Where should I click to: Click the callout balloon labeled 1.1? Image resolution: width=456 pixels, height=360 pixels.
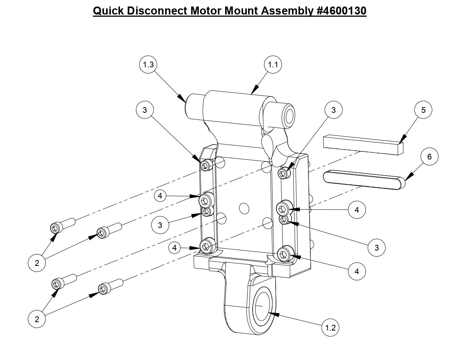tap(273, 65)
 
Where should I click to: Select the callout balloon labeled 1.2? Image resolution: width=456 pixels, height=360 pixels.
tap(330, 327)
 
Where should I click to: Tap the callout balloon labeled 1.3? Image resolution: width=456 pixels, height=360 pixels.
tap(148, 65)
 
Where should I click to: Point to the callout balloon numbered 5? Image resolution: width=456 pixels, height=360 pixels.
tap(423, 110)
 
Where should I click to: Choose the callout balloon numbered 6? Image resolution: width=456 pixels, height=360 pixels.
tap(429, 157)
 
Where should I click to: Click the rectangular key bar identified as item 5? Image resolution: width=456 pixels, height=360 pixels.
tap(363, 145)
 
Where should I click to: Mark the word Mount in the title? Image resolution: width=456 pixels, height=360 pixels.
tap(241, 11)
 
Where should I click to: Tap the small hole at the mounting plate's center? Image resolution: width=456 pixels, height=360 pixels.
tap(243, 209)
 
